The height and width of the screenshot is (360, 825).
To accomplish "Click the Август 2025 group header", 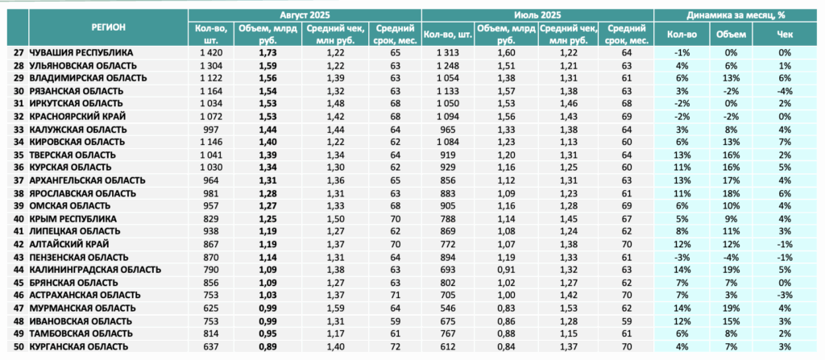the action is [x=305, y=15].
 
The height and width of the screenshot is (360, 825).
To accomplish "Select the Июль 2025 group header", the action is [x=537, y=15].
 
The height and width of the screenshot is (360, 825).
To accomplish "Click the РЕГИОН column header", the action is [x=108, y=28].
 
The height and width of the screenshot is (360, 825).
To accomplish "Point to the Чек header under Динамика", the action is [x=785, y=35].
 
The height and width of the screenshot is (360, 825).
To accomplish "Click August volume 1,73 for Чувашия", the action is [x=267, y=53].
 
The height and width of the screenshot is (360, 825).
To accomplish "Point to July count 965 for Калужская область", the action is [x=447, y=130].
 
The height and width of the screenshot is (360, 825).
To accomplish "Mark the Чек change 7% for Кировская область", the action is [x=785, y=142].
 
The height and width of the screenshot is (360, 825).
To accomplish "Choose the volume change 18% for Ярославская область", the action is [x=731, y=193].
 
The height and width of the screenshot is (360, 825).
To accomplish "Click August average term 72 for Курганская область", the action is [x=396, y=346].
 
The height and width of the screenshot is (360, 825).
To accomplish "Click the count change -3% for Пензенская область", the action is [x=682, y=258].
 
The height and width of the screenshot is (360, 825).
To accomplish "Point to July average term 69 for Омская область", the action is [x=625, y=206].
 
